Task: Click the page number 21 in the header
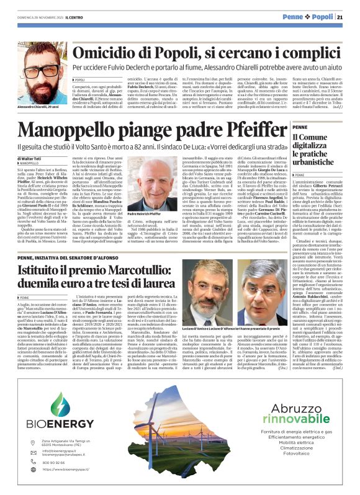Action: coord(349,17)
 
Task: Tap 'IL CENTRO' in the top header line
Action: coord(50,17)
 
